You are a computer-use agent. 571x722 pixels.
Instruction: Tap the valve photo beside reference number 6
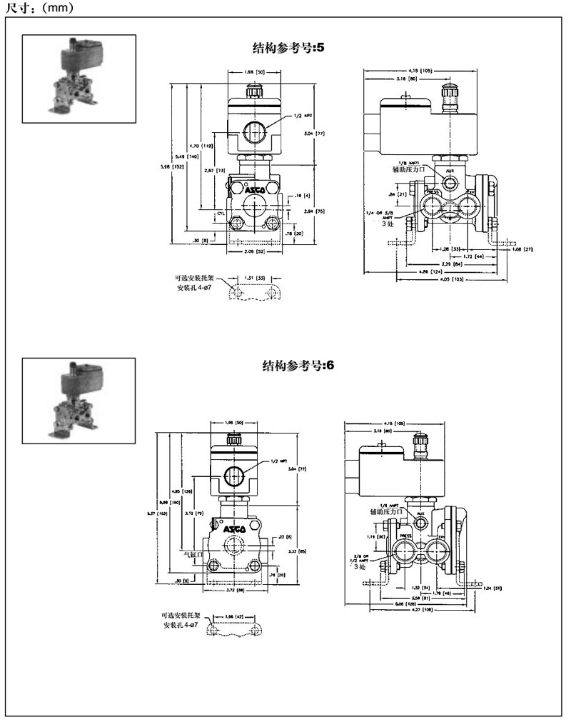coord(79,402)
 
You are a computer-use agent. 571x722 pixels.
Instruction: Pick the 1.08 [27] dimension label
coord(524,249)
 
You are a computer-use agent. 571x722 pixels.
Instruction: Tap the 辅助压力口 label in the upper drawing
coord(398,171)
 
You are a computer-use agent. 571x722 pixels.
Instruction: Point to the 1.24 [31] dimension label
coord(492,588)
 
